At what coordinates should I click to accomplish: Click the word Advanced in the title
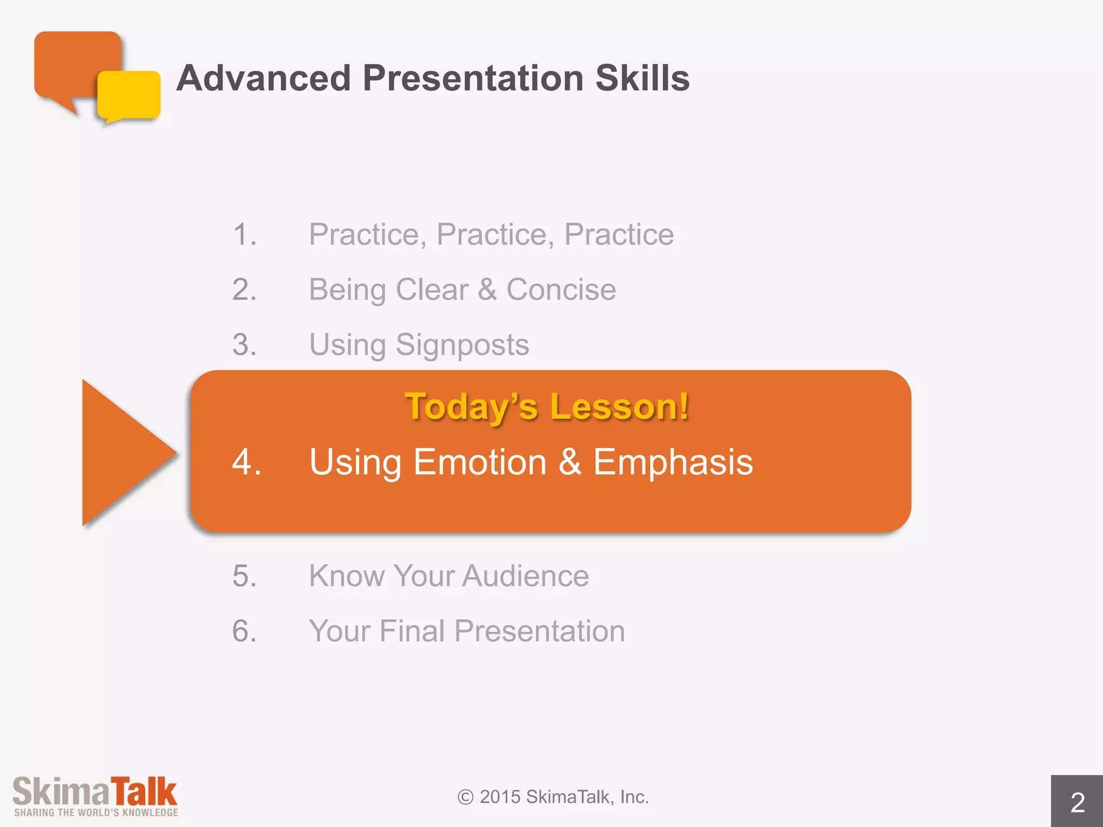[264, 78]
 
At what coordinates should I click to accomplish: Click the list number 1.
[243, 235]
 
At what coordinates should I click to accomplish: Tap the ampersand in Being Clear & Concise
[487, 290]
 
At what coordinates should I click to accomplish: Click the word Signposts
[462, 345]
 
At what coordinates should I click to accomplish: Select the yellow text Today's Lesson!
[547, 407]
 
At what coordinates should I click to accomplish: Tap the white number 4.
[246, 462]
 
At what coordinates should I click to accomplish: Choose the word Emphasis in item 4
[673, 462]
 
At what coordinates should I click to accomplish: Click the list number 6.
[243, 631]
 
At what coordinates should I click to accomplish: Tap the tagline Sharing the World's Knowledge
[96, 812]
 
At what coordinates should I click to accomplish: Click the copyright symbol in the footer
[465, 797]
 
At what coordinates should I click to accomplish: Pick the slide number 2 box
[1077, 802]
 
